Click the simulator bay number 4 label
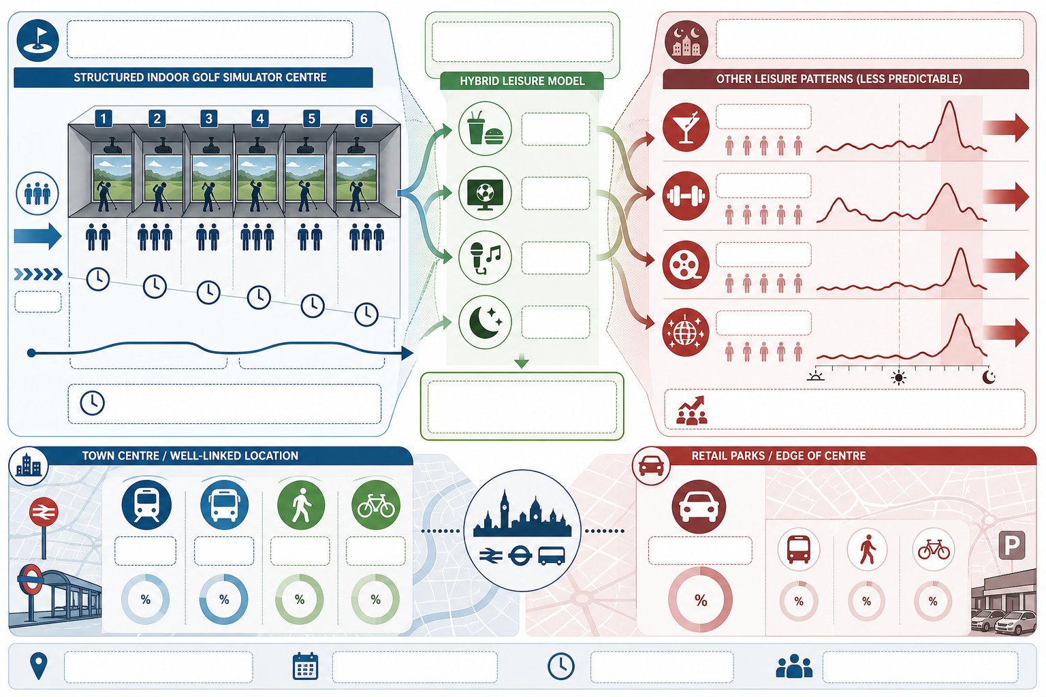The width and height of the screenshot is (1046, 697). click(x=259, y=118)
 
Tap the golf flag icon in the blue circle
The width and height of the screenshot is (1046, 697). click(x=37, y=40)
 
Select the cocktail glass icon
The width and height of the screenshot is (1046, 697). click(x=686, y=127)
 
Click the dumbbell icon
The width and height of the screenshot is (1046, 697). click(x=686, y=195)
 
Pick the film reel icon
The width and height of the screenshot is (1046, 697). click(x=686, y=264)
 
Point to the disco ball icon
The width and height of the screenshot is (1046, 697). click(x=686, y=332)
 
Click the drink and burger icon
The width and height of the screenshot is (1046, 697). click(x=485, y=128)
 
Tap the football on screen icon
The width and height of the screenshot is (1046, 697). click(x=485, y=193)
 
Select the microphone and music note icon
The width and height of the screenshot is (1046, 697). click(x=485, y=258)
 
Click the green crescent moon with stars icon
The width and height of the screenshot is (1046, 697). click(x=485, y=322)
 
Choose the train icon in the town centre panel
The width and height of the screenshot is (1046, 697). click(x=146, y=504)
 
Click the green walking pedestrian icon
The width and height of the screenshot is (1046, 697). click(x=301, y=504)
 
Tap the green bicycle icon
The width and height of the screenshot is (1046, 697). click(x=375, y=504)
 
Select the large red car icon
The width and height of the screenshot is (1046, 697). click(x=699, y=506)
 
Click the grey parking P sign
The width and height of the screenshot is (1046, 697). click(x=1011, y=545)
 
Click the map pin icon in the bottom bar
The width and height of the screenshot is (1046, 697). click(x=39, y=666)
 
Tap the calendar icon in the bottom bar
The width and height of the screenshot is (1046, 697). click(x=305, y=666)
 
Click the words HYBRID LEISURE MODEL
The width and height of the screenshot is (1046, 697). click(x=522, y=81)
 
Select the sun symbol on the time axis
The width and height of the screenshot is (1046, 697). click(x=898, y=377)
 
